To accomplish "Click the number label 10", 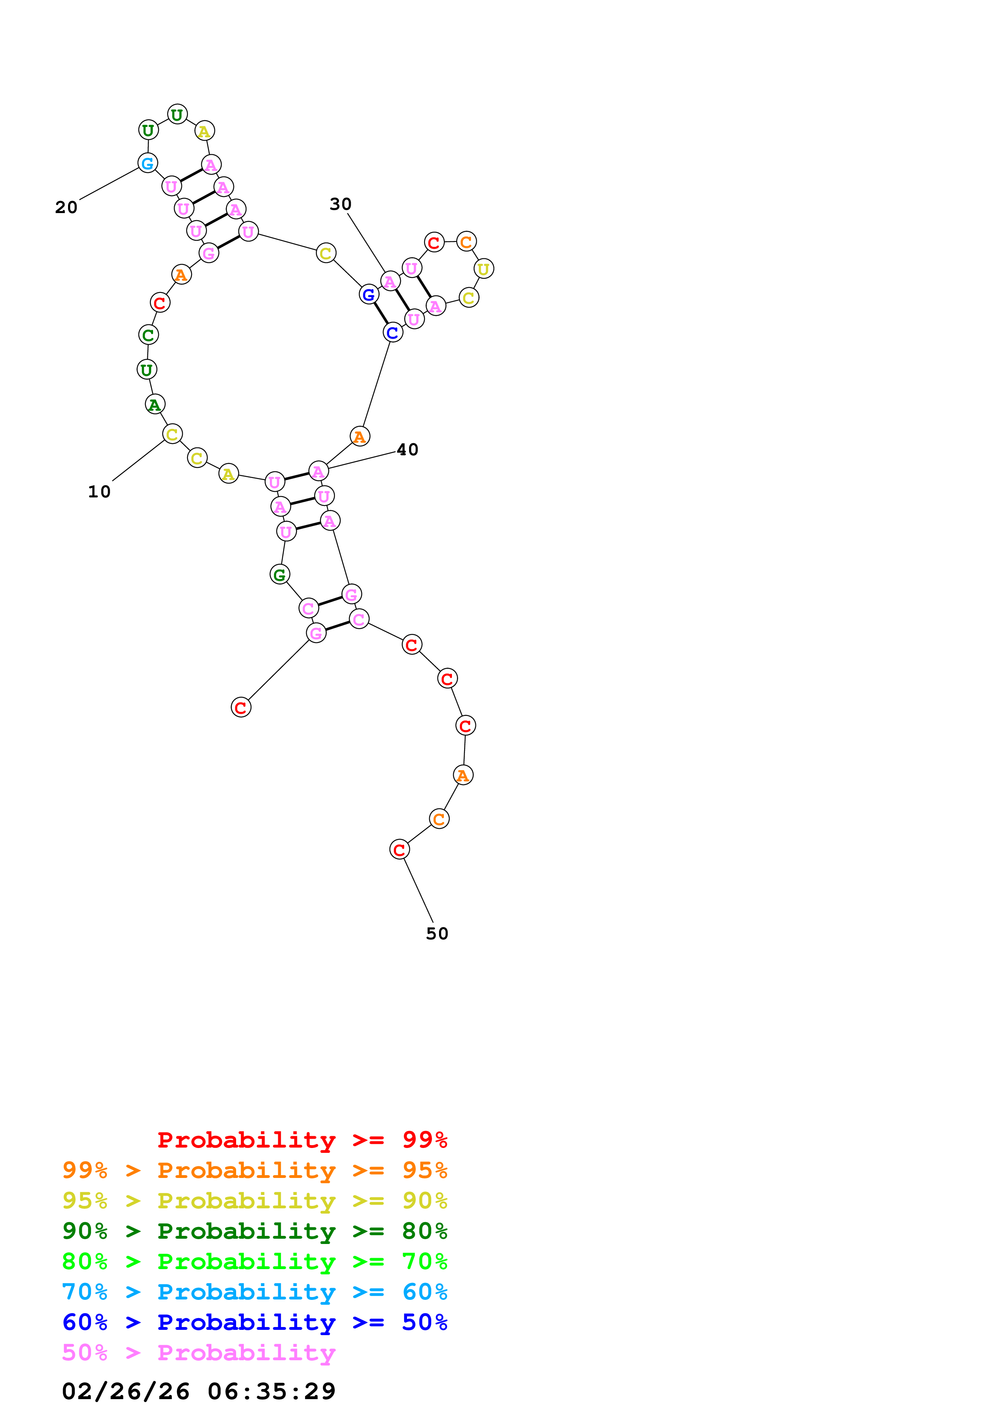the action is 99,492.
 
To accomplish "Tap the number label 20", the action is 66,207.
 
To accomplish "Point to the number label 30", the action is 340,204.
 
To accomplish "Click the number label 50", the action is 437,934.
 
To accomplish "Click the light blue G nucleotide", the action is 147,163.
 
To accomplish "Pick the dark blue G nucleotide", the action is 369,294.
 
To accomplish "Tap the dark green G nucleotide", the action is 279,575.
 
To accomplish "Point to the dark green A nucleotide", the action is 155,405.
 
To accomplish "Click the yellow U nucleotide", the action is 484,269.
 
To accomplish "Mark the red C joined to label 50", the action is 400,850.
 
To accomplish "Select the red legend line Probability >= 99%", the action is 302,1140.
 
